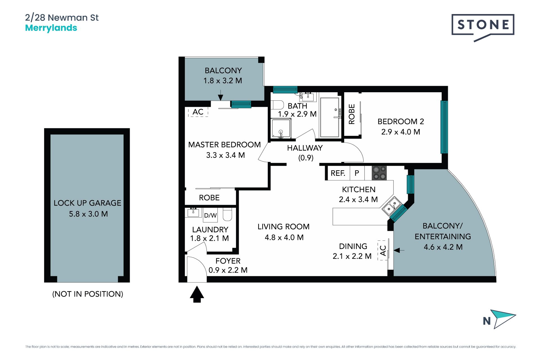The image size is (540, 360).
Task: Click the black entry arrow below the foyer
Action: pyautogui.click(x=197, y=294)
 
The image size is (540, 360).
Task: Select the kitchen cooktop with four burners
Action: pyautogui.click(x=379, y=173)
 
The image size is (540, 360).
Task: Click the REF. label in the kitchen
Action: pyautogui.click(x=338, y=173)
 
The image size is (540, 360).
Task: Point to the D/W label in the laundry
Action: pyautogui.click(x=210, y=215)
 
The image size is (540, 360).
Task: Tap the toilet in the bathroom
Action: pyautogui.click(x=277, y=105)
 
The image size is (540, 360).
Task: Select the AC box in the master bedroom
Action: pyautogui.click(x=198, y=112)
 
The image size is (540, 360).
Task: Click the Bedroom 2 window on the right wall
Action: pyautogui.click(x=444, y=127)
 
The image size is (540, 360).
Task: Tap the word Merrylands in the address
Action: pyautogui.click(x=51, y=28)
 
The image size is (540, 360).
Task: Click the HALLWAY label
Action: pyautogui.click(x=305, y=148)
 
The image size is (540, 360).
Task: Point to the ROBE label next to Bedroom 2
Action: pyautogui.click(x=352, y=114)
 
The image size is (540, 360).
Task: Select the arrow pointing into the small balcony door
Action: pyautogui.click(x=220, y=95)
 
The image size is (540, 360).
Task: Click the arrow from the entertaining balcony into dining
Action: pyautogui.click(x=399, y=250)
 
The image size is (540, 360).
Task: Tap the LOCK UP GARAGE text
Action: pyautogui.click(x=87, y=203)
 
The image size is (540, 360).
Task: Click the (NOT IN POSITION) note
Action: pyautogui.click(x=88, y=294)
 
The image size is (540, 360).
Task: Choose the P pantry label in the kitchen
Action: pyautogui.click(x=357, y=173)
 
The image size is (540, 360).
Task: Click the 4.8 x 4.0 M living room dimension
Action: pyautogui.click(x=284, y=237)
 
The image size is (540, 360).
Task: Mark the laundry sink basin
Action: pyautogui.click(x=193, y=212)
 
